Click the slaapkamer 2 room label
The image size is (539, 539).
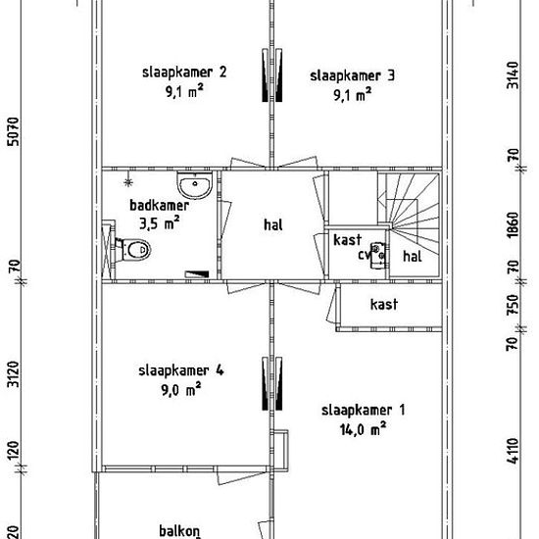point(184,73)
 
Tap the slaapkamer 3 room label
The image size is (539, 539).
point(353,76)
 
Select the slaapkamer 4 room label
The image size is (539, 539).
point(181,370)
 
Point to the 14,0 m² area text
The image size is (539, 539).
point(363,429)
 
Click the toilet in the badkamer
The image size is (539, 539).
point(134,249)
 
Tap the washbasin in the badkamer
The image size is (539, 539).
point(195,185)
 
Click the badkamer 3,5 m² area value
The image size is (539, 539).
point(160,223)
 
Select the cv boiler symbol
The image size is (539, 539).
point(377,256)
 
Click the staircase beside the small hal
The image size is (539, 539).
point(409,213)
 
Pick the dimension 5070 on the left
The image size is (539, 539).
point(14,131)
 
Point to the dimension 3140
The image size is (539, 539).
point(513,74)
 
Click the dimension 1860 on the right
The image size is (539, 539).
point(513,224)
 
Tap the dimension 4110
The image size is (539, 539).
point(513,451)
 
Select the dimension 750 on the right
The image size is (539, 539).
point(513,305)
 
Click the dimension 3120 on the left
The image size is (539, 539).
point(14,374)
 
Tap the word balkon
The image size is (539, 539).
point(179,531)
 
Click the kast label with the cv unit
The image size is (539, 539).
point(348,240)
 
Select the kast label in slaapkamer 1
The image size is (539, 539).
point(384,304)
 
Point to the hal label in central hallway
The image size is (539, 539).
point(273,224)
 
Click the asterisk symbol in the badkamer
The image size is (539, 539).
point(128,182)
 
